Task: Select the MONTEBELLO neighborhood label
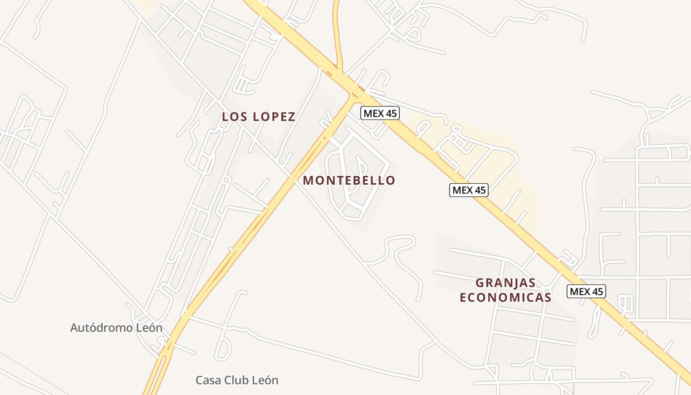pos(349,181)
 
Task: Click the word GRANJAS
pos(505,283)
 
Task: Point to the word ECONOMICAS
pos(505,297)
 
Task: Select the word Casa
pos(208,380)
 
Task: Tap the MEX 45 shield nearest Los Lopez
pos(380,113)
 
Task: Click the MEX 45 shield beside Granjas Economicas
pos(586,291)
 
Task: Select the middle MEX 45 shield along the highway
pos(468,190)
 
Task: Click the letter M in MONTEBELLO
pos(308,181)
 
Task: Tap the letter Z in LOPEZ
pos(292,117)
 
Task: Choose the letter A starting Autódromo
pos(75,328)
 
